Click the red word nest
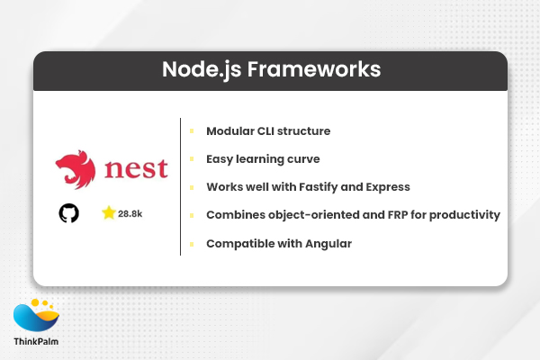coord(135,169)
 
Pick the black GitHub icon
coord(68,213)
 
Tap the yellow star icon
coord(109,213)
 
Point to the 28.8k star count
coord(131,214)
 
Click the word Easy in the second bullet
coord(220,158)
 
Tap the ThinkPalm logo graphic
coord(37,315)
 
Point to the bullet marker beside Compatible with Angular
coord(192,243)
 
